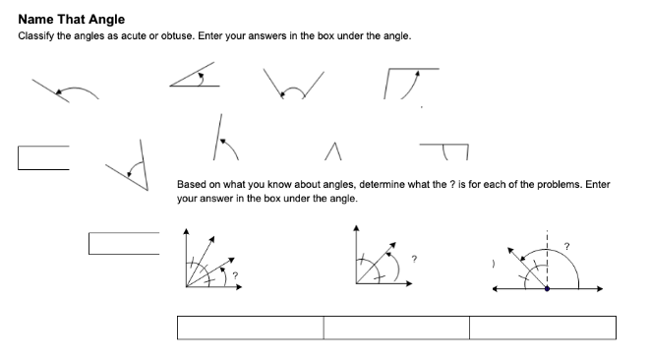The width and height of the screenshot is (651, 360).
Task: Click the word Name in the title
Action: click(x=35, y=19)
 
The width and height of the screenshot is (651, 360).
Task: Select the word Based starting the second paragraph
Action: click(x=192, y=184)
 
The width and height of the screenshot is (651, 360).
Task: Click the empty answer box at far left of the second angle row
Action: click(x=43, y=157)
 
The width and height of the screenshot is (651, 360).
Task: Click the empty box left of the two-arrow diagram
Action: click(x=123, y=242)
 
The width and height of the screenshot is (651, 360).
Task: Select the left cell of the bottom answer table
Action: click(x=250, y=328)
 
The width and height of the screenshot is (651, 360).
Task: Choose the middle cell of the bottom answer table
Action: click(x=396, y=328)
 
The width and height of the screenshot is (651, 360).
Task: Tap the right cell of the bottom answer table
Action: click(x=543, y=328)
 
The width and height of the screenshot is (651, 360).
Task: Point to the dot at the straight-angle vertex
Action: click(x=548, y=289)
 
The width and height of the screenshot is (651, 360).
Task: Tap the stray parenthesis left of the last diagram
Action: click(x=480, y=264)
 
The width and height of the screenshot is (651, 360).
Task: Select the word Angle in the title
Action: click(x=104, y=19)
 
